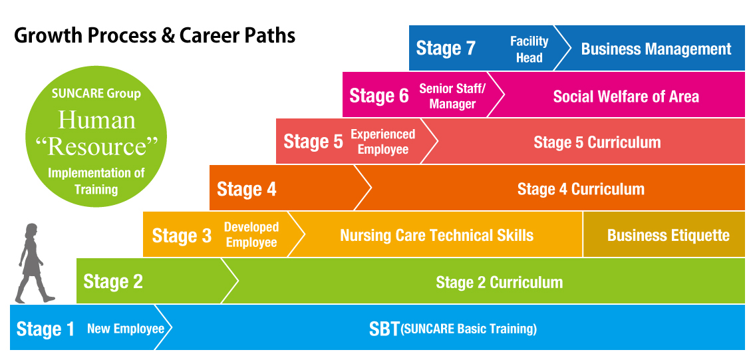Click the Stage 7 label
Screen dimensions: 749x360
tap(446, 49)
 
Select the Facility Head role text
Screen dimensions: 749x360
tap(529, 50)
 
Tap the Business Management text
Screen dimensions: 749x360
tap(656, 49)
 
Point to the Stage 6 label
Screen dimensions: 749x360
tap(379, 95)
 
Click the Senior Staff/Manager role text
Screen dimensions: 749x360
tap(452, 96)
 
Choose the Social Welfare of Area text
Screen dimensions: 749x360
tap(626, 96)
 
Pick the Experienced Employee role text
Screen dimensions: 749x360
tap(383, 142)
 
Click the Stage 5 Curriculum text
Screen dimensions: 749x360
tap(597, 142)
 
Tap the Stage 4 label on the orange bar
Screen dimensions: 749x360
tap(247, 190)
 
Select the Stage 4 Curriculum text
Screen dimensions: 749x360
tap(581, 189)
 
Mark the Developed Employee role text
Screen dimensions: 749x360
tap(251, 235)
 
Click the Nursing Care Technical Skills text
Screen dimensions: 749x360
tap(436, 235)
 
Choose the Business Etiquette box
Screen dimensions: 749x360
tap(664, 234)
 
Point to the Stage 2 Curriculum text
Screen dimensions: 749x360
tap(499, 282)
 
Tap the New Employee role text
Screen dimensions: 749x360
tap(126, 329)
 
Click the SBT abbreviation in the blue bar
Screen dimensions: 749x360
tap(384, 329)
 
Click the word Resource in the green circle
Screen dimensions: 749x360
tap(96, 147)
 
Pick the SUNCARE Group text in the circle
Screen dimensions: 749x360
tap(96, 93)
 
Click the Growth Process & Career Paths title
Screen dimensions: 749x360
tap(155, 36)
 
